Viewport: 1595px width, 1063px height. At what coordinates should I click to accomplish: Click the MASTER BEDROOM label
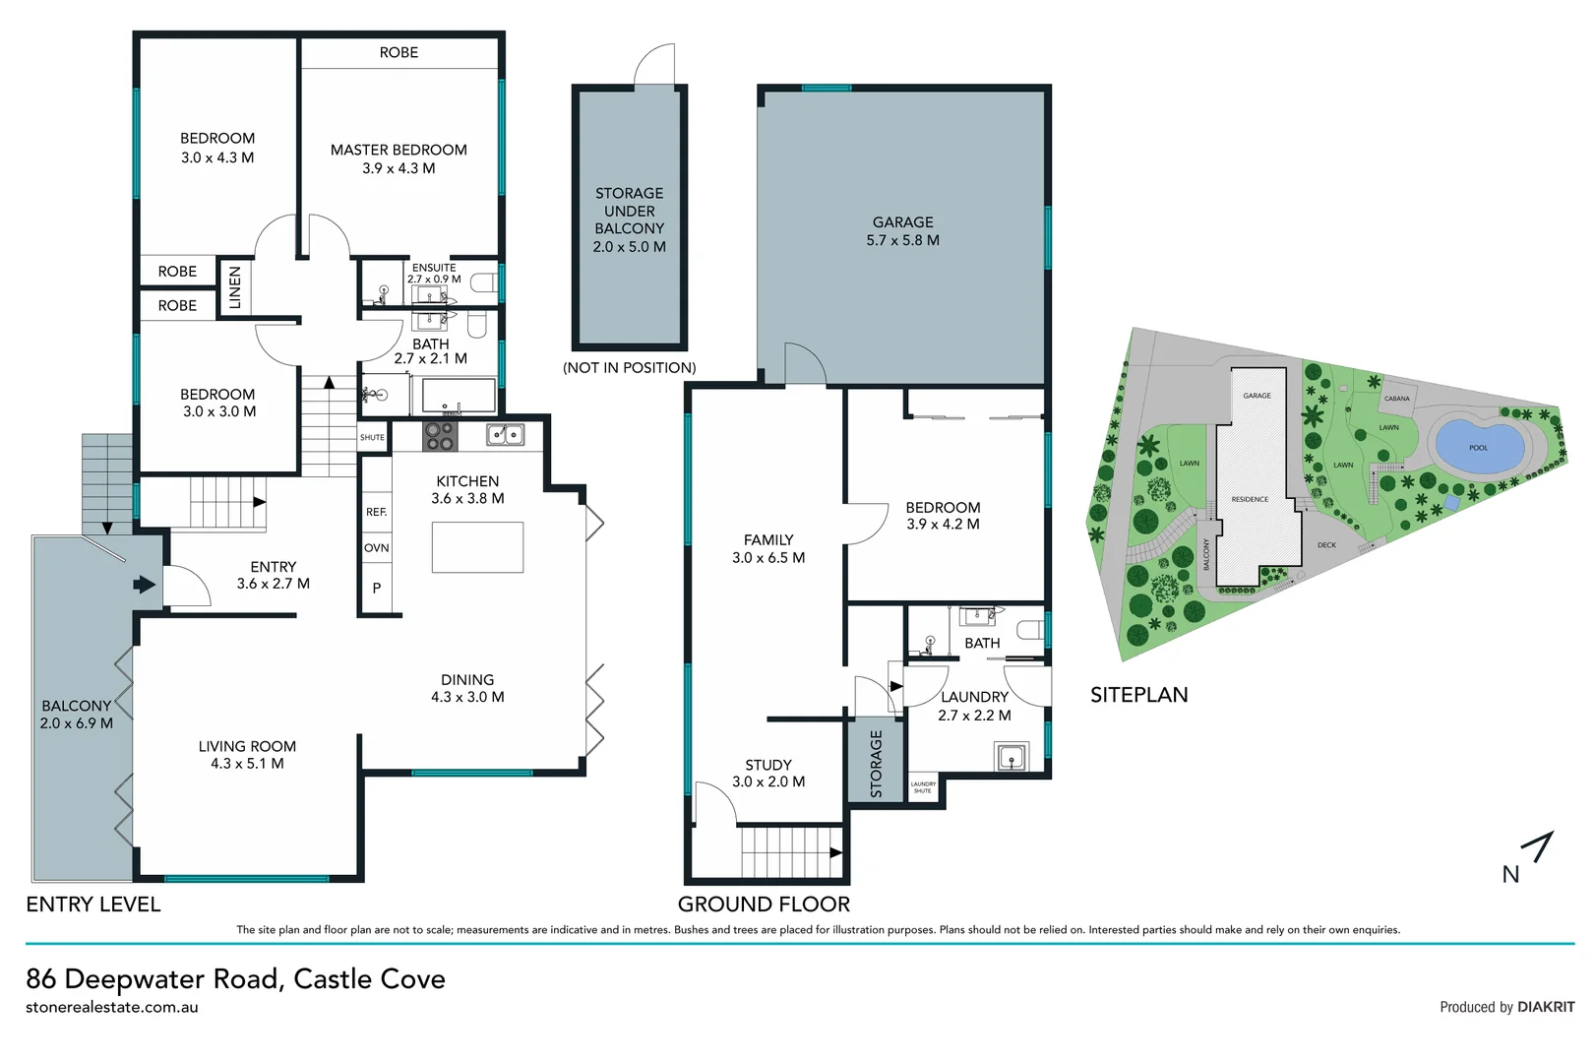click(x=399, y=151)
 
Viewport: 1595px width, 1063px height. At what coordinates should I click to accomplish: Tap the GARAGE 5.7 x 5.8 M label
click(x=902, y=231)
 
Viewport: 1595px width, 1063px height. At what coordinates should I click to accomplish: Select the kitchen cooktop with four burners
click(x=439, y=436)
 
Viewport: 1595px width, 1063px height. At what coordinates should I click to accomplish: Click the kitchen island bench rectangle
click(x=477, y=547)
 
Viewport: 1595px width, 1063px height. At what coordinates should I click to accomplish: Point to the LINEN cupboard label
click(x=235, y=287)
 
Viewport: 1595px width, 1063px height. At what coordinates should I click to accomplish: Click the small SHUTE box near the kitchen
click(x=372, y=438)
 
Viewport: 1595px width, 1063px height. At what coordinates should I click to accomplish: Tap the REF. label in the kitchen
click(x=376, y=512)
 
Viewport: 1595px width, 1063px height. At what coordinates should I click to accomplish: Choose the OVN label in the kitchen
click(x=376, y=548)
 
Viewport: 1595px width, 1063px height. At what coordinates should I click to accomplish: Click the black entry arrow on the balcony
click(x=145, y=586)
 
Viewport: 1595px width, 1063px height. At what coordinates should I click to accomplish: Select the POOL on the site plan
click(x=1478, y=446)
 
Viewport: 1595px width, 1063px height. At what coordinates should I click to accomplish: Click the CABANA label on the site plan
click(x=1396, y=399)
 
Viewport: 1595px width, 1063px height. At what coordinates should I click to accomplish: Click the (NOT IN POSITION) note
click(x=629, y=368)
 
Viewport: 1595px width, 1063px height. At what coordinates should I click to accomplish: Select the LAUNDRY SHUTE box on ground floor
click(x=923, y=787)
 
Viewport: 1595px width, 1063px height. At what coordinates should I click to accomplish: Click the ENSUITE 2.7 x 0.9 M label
click(x=434, y=273)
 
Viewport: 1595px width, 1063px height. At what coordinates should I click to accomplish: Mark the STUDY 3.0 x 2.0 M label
click(x=767, y=773)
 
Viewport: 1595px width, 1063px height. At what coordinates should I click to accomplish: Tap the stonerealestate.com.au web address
click(x=112, y=1007)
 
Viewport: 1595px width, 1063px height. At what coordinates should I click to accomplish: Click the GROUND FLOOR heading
click(x=764, y=904)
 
